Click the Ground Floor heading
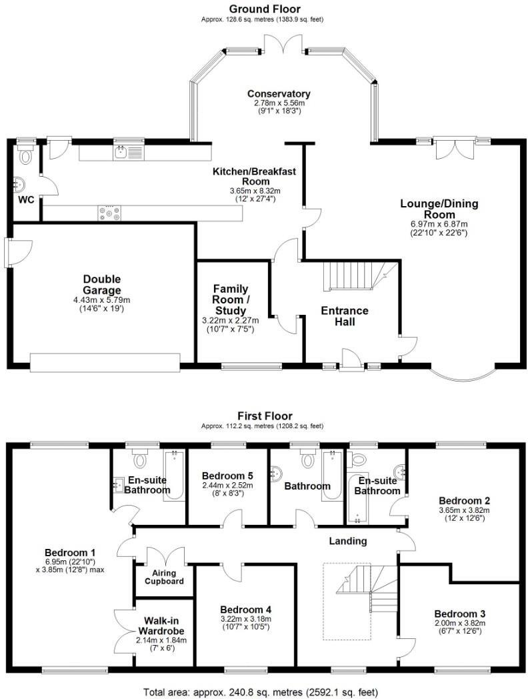click(x=264, y=9)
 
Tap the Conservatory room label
click(x=279, y=94)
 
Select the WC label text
click(x=25, y=199)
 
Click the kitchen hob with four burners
click(x=110, y=213)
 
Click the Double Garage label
click(x=102, y=285)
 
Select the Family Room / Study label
click(x=230, y=299)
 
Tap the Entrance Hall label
click(x=345, y=316)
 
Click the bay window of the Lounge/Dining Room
click(x=463, y=374)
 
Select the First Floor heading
click(x=264, y=416)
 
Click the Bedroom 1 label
click(x=71, y=552)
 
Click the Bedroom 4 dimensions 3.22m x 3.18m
click(x=246, y=620)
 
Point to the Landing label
click(x=348, y=541)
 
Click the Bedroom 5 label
click(x=227, y=476)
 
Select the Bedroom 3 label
click(x=459, y=614)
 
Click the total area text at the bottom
click(x=264, y=692)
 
